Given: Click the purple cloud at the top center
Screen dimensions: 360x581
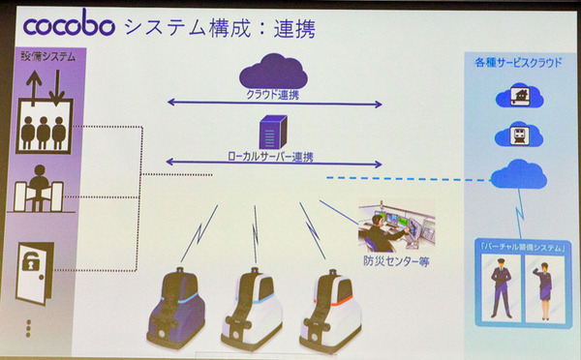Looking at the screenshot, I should click(x=273, y=70).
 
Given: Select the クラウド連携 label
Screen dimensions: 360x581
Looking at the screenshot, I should click(x=274, y=95).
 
